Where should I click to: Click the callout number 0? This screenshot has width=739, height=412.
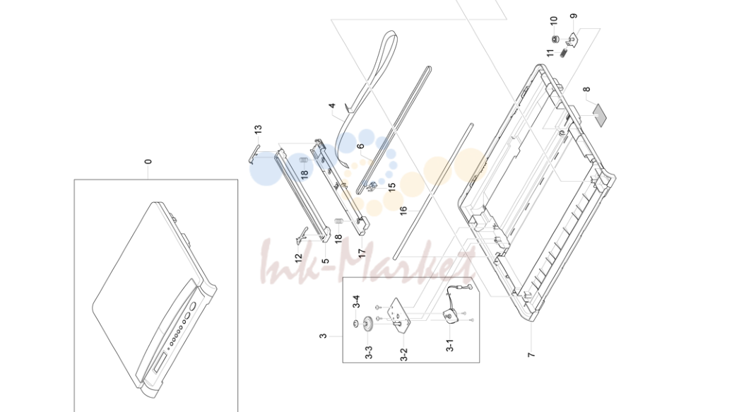click(148, 162)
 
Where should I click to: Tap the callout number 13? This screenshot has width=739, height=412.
click(258, 129)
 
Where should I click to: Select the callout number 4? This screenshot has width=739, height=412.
click(332, 105)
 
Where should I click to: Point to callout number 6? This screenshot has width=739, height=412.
click(360, 146)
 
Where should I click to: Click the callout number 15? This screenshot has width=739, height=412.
click(391, 187)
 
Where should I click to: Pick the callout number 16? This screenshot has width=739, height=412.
click(403, 211)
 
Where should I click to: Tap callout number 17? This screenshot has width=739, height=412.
click(362, 253)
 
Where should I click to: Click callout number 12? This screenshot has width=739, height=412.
click(298, 259)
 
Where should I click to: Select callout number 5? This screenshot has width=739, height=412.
click(325, 261)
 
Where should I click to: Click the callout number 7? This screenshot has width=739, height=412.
click(531, 355)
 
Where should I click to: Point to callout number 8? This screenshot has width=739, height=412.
click(586, 89)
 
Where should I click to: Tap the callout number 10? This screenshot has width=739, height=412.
click(554, 20)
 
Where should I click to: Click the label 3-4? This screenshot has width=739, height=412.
click(356, 302)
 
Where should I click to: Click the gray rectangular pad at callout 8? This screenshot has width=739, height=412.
click(600, 115)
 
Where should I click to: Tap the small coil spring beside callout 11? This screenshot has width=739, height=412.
click(563, 53)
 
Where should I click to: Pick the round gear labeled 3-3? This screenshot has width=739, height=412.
click(368, 324)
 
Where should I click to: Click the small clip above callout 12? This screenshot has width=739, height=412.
click(302, 235)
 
